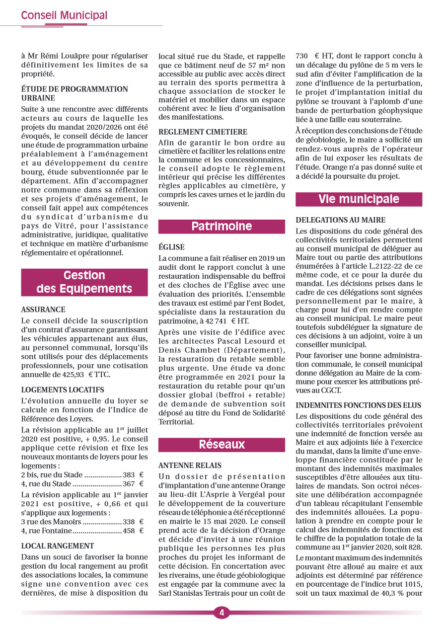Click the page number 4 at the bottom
coord(221,613)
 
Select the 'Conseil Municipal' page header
coord(64,15)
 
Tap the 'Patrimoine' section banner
coord(221,227)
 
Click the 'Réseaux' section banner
coord(221,445)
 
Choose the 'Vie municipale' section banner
coord(359,199)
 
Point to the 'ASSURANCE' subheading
coord(43,310)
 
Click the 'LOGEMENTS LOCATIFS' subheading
coord(63,390)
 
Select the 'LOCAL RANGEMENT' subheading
coord(58,546)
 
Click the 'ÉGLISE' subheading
coord(171,247)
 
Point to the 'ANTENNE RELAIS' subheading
coord(190,466)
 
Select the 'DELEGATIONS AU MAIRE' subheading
coord(340,220)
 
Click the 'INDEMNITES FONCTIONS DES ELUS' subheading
coord(358,405)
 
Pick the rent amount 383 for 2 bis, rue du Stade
coord(129,475)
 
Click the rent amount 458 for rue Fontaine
coord(129,531)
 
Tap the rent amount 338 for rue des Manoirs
coord(129,522)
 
